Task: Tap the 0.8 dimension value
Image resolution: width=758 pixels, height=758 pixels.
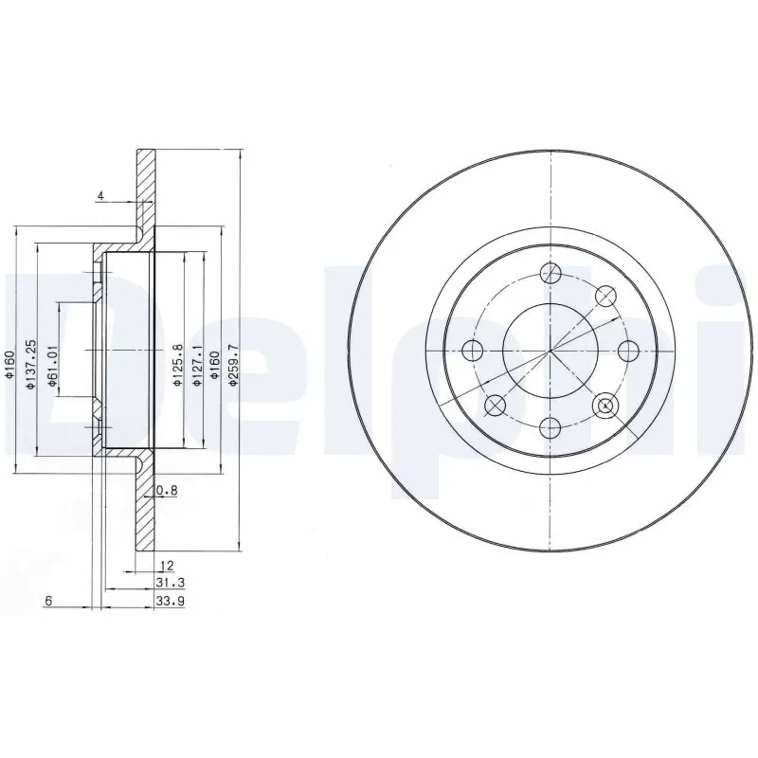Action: (167, 490)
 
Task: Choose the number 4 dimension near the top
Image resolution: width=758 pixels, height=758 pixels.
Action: (99, 196)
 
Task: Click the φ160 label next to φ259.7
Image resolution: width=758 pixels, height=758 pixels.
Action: (215, 366)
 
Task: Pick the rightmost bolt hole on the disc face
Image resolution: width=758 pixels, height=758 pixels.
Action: (626, 351)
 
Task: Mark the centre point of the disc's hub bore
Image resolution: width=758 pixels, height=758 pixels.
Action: (550, 351)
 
